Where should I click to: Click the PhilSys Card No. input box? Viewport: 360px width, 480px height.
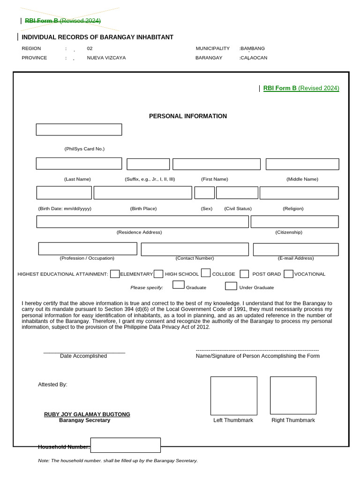tap(79, 130)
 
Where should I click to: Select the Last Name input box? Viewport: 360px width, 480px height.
tap(79, 164)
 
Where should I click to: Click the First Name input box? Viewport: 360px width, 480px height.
tap(216, 164)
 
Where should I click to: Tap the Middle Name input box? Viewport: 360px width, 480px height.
tap(302, 164)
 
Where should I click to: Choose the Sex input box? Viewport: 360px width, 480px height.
tap(204, 193)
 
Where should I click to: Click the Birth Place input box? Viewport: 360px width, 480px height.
tap(142, 193)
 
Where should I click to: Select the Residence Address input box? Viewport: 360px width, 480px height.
tap(142, 222)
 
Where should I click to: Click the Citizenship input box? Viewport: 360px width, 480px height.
tap(294, 222)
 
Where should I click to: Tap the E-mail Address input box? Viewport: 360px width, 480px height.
tap(295, 249)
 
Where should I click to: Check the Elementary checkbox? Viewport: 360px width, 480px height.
tap(115, 274)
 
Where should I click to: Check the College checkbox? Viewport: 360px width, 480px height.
tap(205, 273)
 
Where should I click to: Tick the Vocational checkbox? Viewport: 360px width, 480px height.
tap(288, 274)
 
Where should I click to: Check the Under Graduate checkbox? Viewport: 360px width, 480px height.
tap(231, 286)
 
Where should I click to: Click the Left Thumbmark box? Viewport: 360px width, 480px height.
tap(233, 396)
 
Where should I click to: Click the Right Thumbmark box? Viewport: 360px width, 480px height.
tap(293, 396)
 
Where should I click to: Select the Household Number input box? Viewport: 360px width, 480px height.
tap(125, 445)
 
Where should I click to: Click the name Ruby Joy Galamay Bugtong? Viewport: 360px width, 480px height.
tap(87, 414)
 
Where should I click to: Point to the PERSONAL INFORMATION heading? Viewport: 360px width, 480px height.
tap(187, 116)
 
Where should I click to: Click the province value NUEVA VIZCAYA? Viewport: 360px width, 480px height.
tap(106, 58)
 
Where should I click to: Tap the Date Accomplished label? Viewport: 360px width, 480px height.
tap(83, 356)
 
